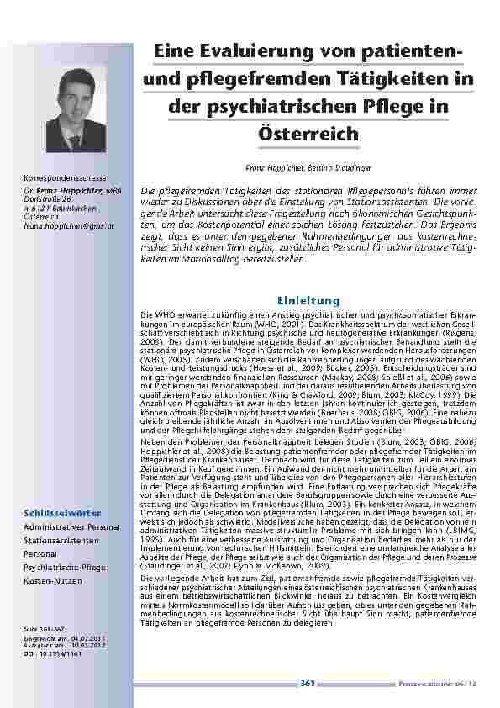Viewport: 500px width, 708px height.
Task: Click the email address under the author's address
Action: (58, 226)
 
